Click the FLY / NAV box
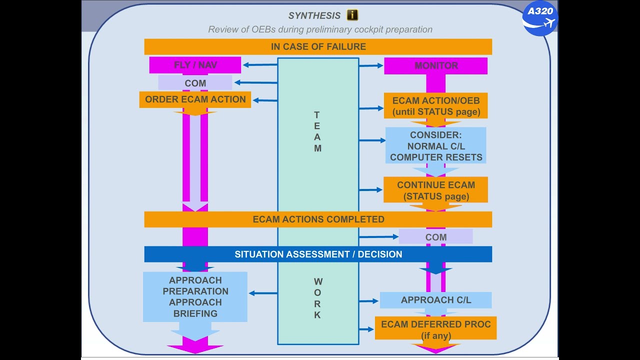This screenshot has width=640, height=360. [x=195, y=65]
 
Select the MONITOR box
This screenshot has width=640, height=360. [x=435, y=65]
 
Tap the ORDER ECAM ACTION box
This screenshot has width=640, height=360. [x=195, y=99]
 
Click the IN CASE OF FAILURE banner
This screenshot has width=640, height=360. [x=318, y=46]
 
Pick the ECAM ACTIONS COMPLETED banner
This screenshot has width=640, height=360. [x=318, y=219]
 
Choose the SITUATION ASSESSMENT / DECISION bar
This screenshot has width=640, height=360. [x=318, y=254]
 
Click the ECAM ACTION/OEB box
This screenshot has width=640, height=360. [x=435, y=106]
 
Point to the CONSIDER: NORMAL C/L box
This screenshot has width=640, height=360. [x=435, y=146]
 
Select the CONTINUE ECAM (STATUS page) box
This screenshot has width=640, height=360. [x=435, y=190]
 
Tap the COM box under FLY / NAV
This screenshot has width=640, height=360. [x=195, y=83]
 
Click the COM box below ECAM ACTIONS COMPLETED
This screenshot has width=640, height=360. [x=435, y=237]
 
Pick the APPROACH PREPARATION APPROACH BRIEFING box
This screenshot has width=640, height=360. [x=195, y=296]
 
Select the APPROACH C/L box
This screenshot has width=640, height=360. [x=435, y=300]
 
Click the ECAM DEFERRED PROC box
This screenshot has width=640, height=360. [x=435, y=328]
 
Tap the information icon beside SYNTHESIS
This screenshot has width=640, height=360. [x=352, y=15]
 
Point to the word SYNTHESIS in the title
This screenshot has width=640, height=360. [x=314, y=16]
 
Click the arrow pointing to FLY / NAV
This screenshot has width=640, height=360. [x=259, y=64]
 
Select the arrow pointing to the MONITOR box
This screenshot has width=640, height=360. [x=371, y=65]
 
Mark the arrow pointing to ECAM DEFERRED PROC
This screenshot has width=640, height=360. [x=366, y=329]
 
